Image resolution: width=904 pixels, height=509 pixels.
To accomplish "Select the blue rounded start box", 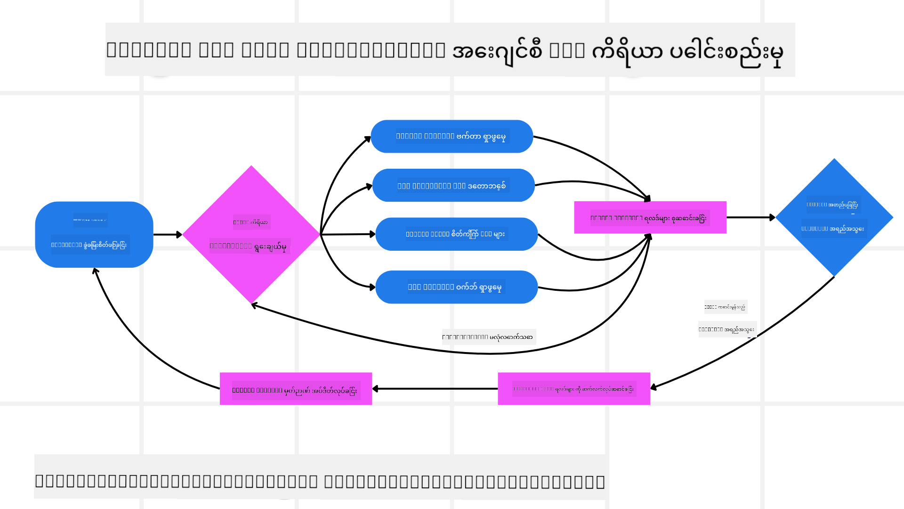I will pos(94,234).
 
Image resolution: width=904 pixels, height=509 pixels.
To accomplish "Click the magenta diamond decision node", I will pos(251,234).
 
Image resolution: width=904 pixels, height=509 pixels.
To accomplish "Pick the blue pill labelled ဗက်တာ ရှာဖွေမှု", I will pos(452,136).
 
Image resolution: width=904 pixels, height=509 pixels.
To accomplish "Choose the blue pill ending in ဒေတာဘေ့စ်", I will pos(453,185).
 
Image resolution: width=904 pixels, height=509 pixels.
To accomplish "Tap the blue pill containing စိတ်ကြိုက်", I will pos(456,234).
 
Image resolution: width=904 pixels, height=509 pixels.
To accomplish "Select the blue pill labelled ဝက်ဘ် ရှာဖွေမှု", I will pos(456,287).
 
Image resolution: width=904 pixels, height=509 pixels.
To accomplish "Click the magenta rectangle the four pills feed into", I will pos(650,217).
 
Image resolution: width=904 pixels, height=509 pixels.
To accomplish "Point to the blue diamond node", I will pos(834,217).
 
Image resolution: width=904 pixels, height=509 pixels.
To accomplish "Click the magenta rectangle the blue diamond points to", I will pos(573,389).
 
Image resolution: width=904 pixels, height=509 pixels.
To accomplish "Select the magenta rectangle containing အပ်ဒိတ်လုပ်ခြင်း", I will pos(296,389).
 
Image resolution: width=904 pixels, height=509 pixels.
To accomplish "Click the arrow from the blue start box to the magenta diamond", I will pos(167,234).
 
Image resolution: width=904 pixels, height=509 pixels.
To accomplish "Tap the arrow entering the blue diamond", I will pos(751,217).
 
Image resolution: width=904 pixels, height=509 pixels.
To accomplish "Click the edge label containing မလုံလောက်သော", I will pos(488,337).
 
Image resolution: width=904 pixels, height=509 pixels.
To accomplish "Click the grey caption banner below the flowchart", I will pos(320,476).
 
